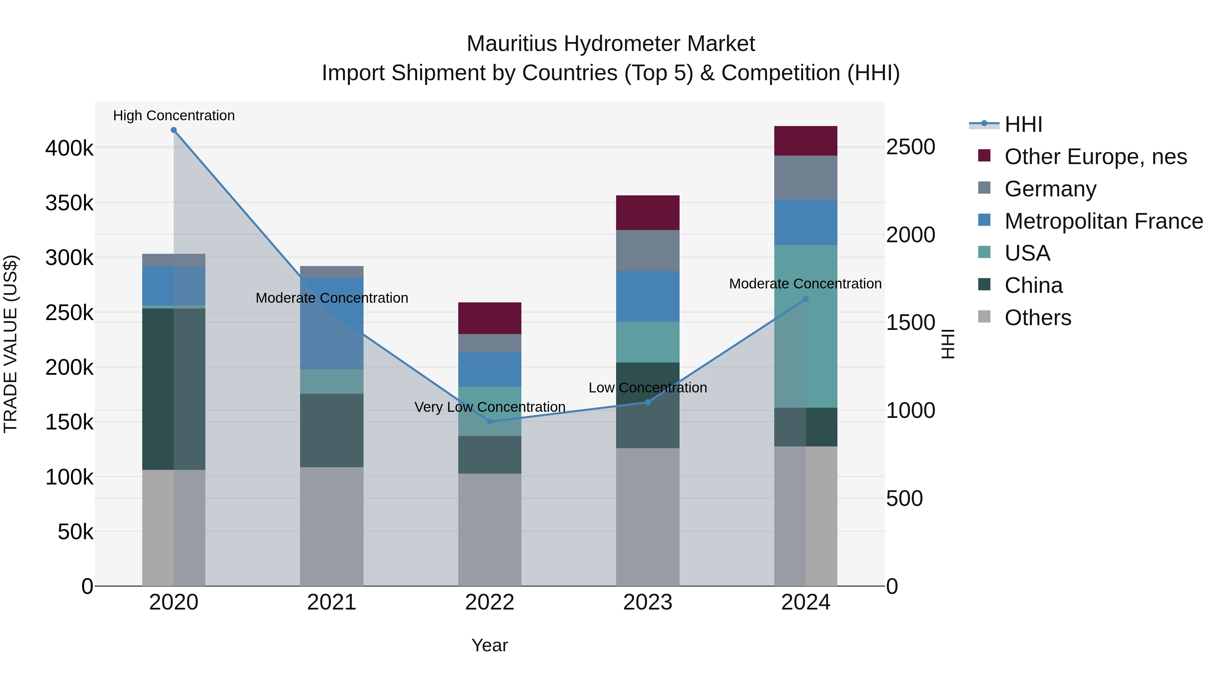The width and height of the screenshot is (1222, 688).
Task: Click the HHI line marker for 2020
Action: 173,130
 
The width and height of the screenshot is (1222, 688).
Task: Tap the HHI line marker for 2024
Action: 806,299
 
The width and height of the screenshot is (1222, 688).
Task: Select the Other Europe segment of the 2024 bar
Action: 806,141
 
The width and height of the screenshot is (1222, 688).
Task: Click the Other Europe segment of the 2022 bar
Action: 489,318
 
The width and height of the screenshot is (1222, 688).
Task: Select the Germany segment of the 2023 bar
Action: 648,251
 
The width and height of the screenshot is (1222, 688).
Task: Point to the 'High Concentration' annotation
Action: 173,116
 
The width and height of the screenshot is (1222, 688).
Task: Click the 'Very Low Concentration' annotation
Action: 489,407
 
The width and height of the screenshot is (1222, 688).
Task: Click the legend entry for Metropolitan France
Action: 1104,221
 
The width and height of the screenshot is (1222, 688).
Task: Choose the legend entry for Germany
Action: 1050,189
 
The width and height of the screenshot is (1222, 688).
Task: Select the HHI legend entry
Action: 1023,124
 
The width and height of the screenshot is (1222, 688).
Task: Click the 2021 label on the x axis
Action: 332,602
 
